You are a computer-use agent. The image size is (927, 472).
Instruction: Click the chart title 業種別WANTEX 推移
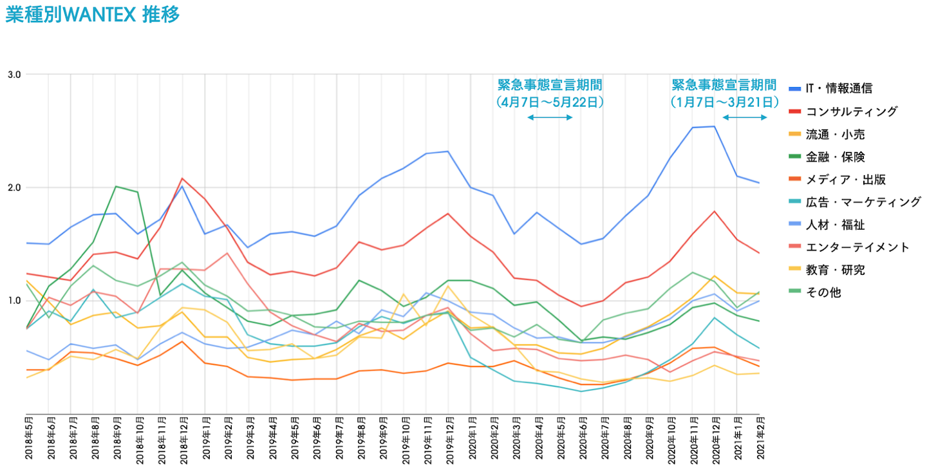click(92, 15)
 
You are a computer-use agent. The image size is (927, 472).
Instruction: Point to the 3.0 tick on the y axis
click(14, 74)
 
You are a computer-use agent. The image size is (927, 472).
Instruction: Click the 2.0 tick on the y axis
click(14, 187)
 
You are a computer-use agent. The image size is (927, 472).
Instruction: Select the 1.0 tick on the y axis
click(14, 301)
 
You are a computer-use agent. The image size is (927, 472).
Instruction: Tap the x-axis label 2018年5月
click(29, 440)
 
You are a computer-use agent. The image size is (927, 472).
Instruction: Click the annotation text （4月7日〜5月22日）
click(550, 102)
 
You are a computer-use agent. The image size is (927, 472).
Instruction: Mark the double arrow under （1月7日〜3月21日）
click(745, 117)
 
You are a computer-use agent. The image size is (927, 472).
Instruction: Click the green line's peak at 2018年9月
click(116, 186)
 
